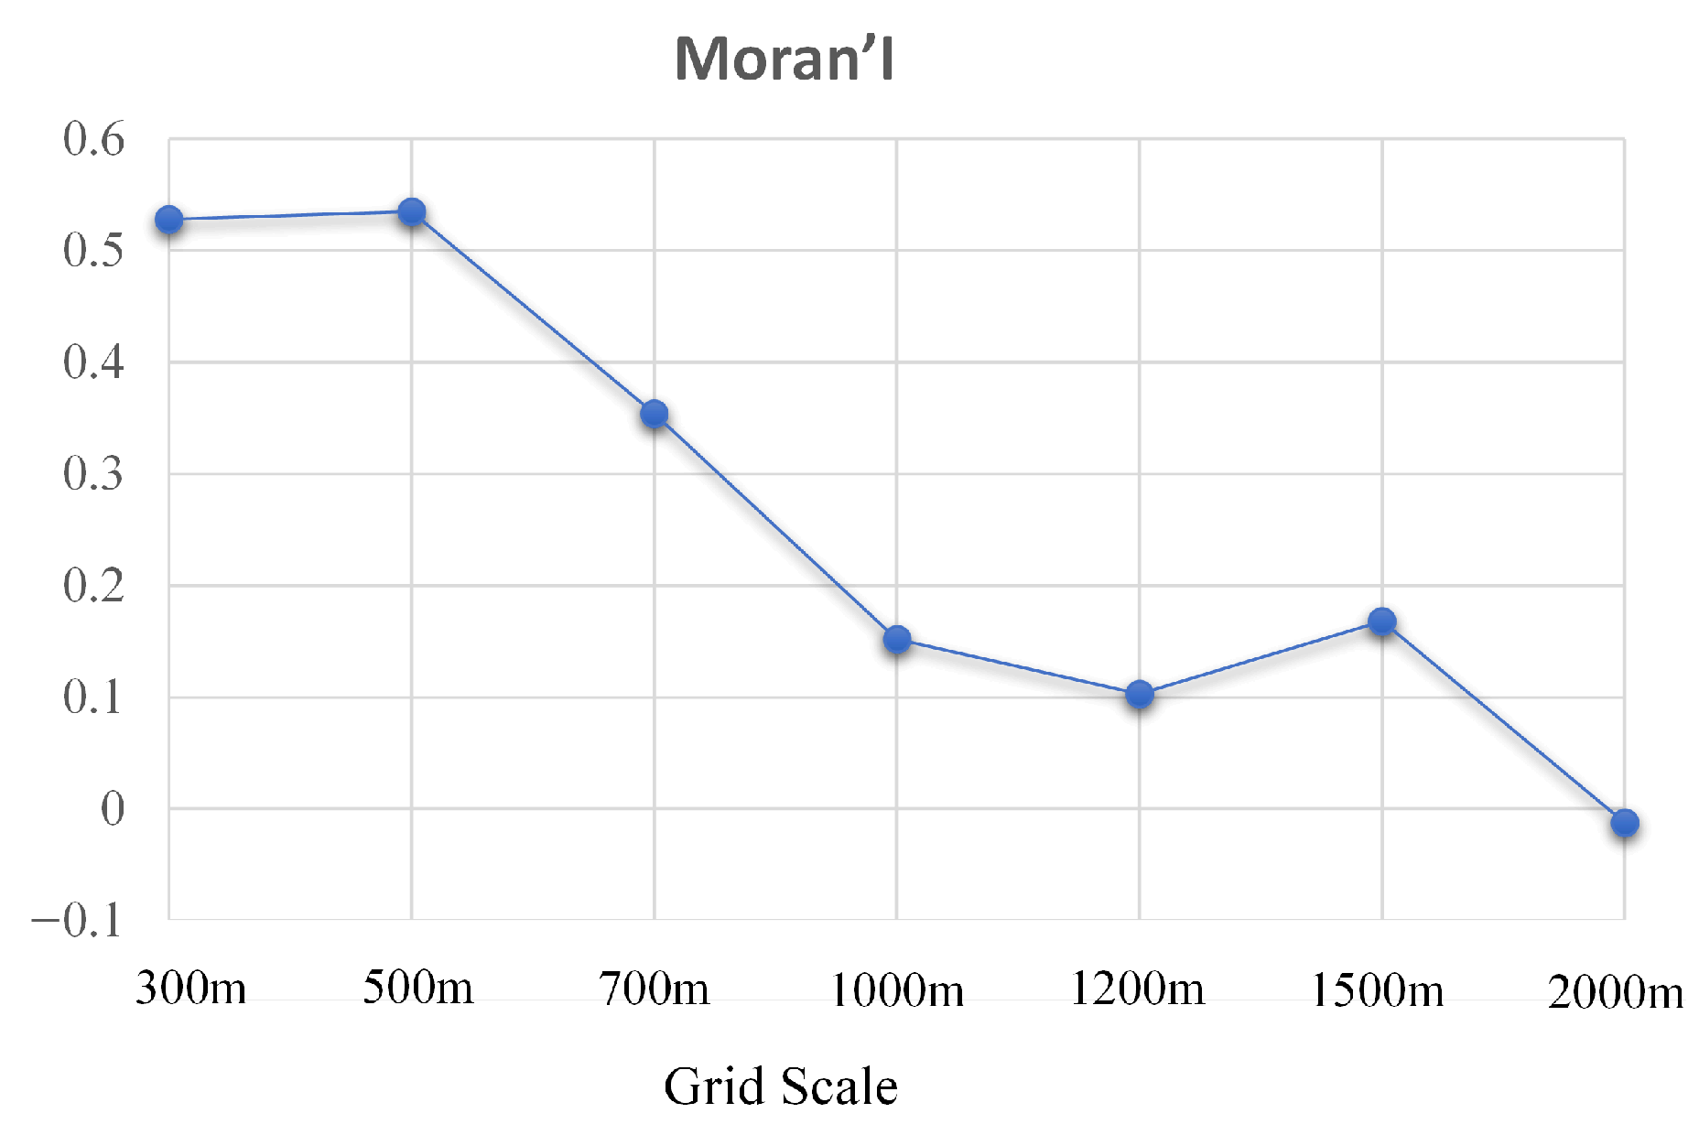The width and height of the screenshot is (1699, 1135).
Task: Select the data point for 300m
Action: click(169, 220)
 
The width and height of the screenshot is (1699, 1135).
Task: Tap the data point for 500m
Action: click(412, 212)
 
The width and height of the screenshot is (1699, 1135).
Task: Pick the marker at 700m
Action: click(655, 414)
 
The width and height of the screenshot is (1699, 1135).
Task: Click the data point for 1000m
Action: click(897, 639)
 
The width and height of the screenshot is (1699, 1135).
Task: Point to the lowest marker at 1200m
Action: click(1140, 695)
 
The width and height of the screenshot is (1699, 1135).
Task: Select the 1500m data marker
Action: click(1382, 622)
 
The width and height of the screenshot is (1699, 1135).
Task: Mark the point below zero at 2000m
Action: click(1625, 823)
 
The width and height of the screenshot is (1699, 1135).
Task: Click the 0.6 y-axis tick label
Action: click(92, 139)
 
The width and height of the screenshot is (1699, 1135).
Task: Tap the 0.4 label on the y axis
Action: click(92, 362)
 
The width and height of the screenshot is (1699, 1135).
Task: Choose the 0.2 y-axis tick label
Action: click(92, 586)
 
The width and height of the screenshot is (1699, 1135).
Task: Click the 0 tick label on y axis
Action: click(112, 809)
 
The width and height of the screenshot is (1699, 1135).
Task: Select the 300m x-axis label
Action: click(190, 989)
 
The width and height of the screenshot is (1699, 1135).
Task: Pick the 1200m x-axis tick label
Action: click(1138, 989)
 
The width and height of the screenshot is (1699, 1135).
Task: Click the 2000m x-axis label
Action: click(1615, 992)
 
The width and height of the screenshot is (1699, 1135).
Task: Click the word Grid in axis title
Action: click(713, 1086)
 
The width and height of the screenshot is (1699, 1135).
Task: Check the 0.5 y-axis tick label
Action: click(92, 251)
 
